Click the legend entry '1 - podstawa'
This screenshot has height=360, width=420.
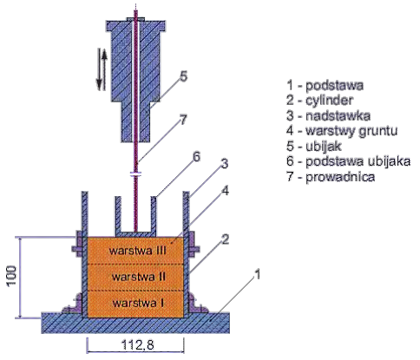click(325, 85)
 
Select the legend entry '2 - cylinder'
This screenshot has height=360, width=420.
click(319, 101)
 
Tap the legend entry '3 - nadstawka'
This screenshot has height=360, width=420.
click(329, 115)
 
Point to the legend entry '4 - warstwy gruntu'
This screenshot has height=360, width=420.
click(342, 131)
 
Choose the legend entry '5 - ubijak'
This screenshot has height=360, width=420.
click(314, 147)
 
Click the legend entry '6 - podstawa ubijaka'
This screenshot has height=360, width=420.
click(349, 161)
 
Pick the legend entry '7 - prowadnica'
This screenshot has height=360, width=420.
click(331, 177)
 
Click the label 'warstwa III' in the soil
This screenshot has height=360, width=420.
click(138, 251)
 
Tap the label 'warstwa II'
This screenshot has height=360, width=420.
click(139, 277)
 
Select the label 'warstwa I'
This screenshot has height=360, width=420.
click(138, 303)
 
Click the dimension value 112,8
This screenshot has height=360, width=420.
click(137, 344)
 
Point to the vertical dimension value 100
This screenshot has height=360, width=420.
click(11, 276)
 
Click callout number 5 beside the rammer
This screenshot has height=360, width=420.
click(183, 76)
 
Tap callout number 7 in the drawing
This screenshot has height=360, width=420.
click(183, 120)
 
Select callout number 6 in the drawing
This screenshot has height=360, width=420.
click(196, 157)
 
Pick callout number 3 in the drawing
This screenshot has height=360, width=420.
click(225, 164)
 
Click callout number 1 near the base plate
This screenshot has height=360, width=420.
click(257, 274)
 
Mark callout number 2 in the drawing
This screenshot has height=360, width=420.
click(226, 239)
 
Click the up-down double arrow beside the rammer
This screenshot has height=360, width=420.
click(102, 69)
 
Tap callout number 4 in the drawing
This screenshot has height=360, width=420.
click(226, 191)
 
